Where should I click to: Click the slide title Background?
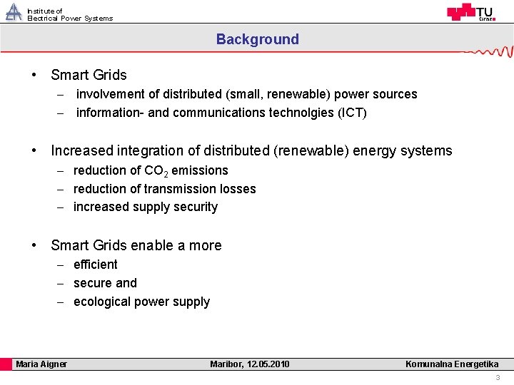coord(258,40)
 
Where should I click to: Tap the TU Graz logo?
coord(470,12)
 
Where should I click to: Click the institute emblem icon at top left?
coord(14,12)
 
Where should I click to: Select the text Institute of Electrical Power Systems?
coord(69,15)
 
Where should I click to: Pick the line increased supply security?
coord(145,207)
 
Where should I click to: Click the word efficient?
coord(96,265)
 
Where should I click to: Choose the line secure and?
coord(105,283)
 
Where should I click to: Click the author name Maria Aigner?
coord(41,364)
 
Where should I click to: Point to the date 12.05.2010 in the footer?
coord(268,364)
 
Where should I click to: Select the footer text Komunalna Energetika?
coord(452,364)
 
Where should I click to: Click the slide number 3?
coord(498,378)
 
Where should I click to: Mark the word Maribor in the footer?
coord(226,364)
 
